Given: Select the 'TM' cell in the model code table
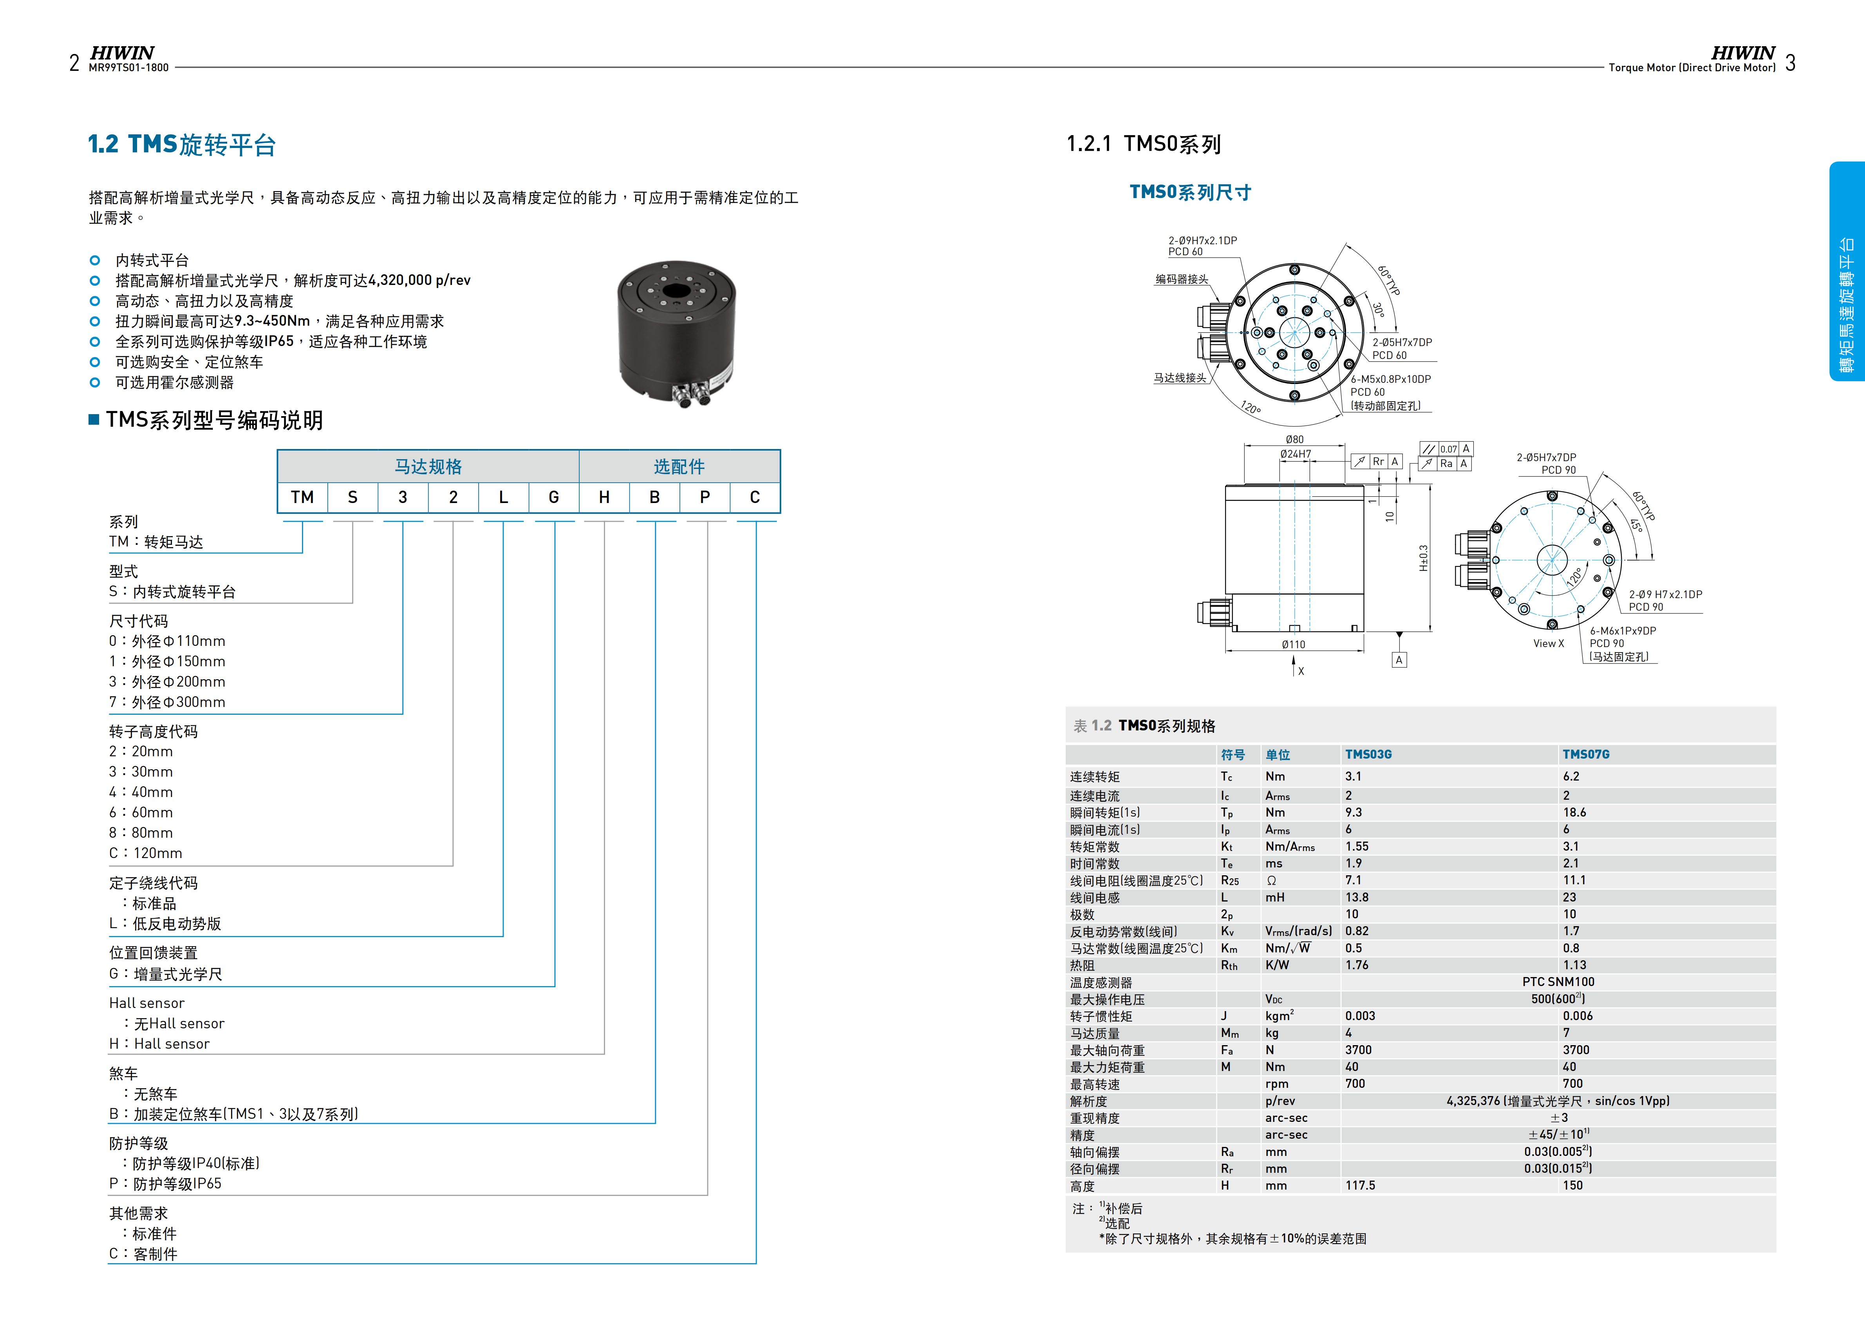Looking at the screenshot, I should (x=302, y=497).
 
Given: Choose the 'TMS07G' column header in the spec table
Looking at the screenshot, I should (x=1586, y=754).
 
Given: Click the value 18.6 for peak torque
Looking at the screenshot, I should (x=1574, y=812).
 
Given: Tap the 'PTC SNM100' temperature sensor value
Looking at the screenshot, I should (x=1558, y=982).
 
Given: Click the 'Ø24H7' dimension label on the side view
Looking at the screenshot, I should (x=1296, y=454).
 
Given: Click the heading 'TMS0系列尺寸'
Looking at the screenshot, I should (x=1190, y=193).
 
